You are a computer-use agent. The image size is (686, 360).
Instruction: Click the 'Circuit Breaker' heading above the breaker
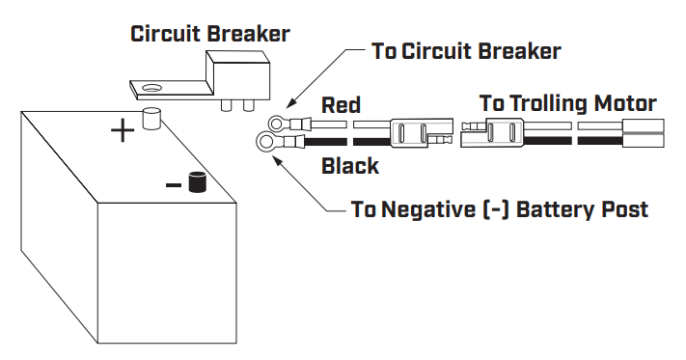coord(209,34)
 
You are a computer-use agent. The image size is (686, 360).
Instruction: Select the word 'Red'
coord(341,105)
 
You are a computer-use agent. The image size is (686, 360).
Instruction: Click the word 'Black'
coord(349,166)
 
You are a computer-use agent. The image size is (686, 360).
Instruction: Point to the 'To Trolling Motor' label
coord(567,103)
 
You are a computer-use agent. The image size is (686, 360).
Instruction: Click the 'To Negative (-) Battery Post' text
coord(500,208)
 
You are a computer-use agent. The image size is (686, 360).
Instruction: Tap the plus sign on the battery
coord(122,130)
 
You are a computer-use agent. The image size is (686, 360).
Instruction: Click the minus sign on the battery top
coord(173,183)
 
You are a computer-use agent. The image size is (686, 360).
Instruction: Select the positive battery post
coord(151,119)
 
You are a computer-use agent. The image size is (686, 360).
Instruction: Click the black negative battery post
coord(199,181)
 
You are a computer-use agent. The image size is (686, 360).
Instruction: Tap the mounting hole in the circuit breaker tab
coord(151,88)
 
